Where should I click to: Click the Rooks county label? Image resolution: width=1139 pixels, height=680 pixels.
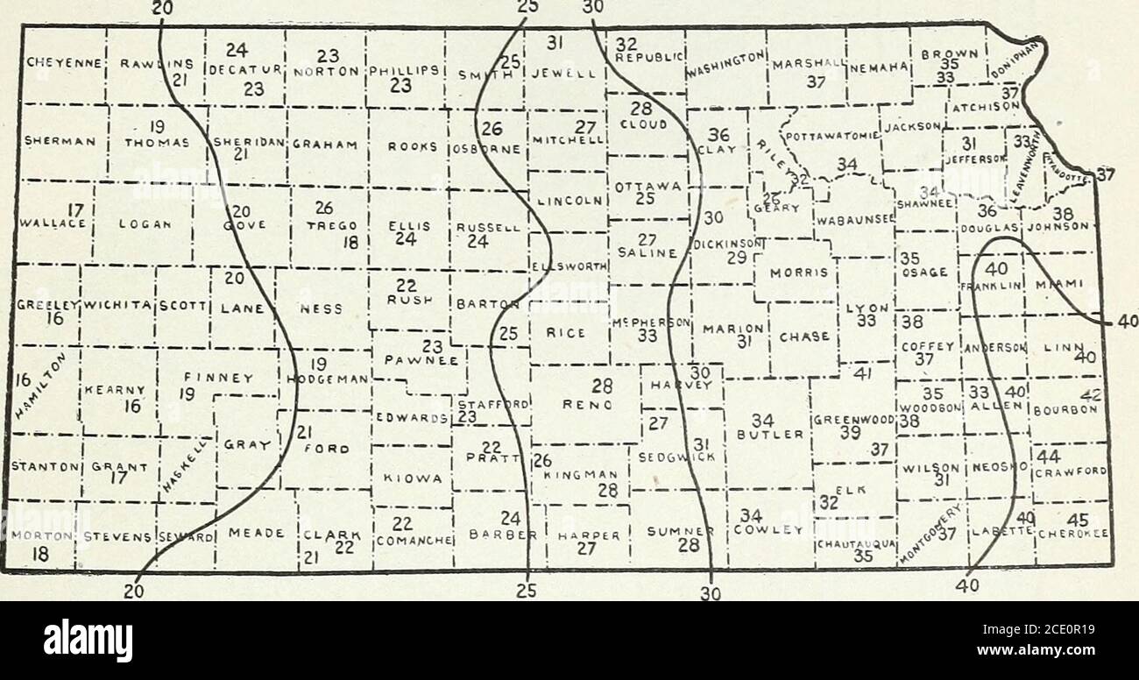[x=408, y=147]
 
